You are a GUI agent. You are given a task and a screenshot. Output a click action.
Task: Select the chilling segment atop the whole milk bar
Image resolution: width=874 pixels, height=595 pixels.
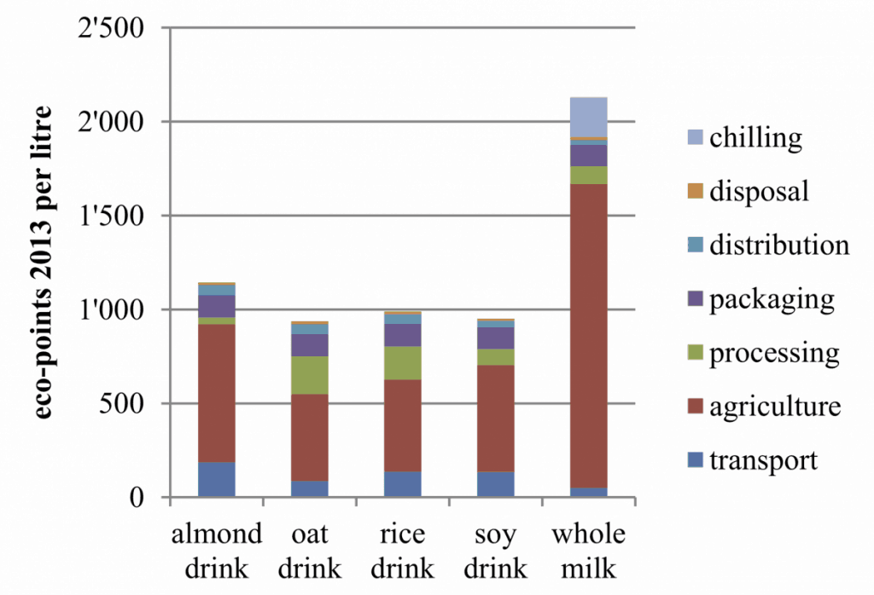588,117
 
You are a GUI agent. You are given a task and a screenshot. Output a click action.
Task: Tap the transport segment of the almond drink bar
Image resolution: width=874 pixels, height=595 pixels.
217,479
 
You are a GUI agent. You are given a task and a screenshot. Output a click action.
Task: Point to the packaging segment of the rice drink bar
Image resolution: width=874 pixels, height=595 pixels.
403,335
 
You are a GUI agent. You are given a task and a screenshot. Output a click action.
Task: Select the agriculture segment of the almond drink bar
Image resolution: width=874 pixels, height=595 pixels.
217,393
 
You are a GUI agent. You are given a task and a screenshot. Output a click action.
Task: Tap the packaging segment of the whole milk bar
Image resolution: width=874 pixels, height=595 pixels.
588,155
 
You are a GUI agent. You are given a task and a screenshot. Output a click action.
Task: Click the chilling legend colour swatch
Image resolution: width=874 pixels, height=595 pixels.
693,137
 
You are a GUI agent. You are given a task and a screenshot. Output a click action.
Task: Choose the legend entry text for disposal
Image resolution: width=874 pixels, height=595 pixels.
759,191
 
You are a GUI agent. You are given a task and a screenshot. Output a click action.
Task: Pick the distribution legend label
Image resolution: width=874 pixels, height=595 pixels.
779,245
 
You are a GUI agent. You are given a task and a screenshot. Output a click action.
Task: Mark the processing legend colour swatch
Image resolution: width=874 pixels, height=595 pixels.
693,353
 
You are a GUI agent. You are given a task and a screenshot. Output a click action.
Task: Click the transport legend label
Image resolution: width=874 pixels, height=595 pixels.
763,460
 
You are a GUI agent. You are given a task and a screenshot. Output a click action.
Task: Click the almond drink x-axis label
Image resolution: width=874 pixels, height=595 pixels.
217,551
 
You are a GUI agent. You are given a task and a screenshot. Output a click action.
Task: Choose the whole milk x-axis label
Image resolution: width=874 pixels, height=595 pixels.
588,551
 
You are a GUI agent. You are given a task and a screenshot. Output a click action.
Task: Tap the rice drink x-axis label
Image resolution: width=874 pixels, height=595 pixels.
403,551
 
